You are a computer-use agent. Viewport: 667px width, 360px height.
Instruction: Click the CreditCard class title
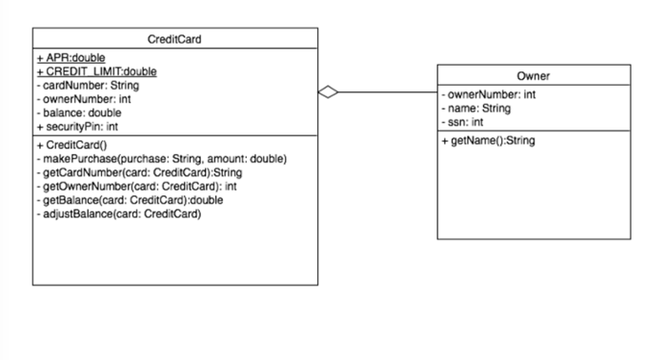[174, 39]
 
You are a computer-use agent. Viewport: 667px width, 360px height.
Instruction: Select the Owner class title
[534, 76]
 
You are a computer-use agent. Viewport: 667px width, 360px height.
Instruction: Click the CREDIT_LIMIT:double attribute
[96, 71]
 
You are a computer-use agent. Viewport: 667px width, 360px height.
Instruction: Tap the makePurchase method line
[161, 158]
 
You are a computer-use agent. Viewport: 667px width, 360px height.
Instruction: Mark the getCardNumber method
[139, 172]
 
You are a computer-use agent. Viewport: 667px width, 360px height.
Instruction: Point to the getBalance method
[129, 200]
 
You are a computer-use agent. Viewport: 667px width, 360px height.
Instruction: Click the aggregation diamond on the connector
[329, 92]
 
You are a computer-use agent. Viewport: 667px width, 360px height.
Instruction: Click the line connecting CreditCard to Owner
[386, 92]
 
